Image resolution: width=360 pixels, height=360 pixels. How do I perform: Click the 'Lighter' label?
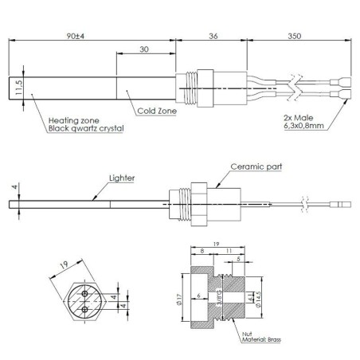coord(122,179)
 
